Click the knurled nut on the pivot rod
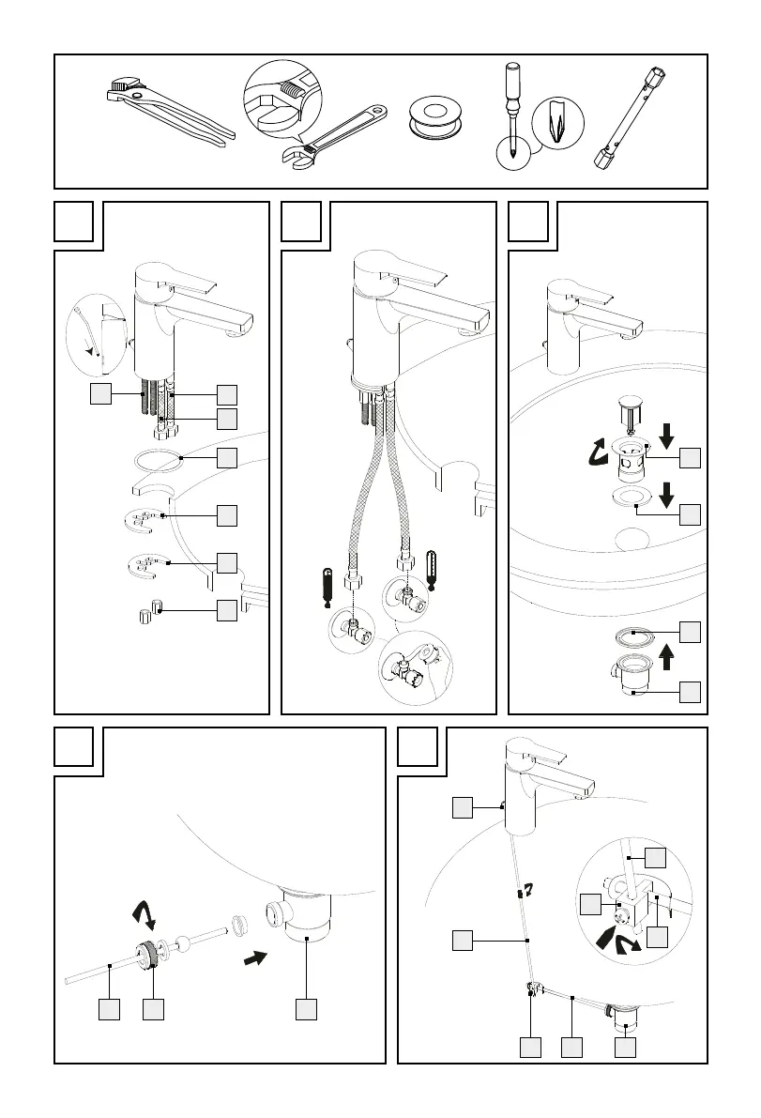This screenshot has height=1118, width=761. pos(146,956)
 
